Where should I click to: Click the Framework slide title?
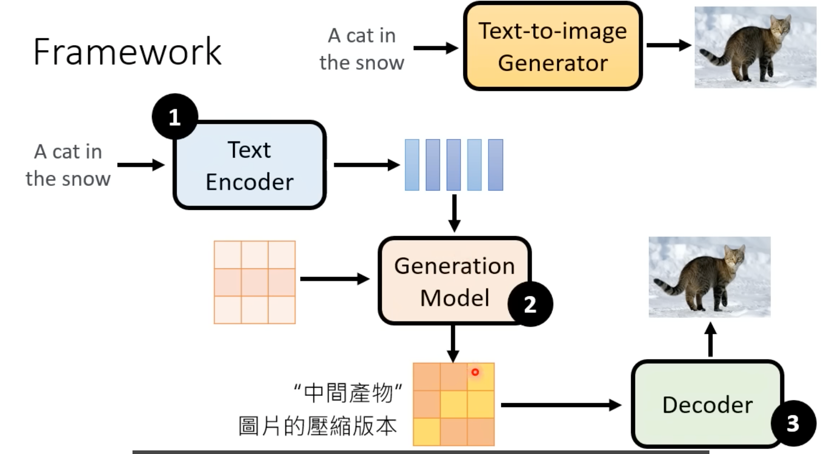(x=127, y=52)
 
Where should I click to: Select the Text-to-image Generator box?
(x=553, y=46)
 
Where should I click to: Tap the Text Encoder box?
(x=249, y=165)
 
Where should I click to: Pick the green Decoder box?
(x=707, y=404)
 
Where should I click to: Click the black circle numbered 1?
(x=175, y=117)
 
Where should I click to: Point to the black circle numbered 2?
(x=530, y=304)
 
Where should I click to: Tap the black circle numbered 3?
(x=793, y=423)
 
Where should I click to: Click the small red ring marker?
(x=475, y=372)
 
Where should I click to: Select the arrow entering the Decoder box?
(x=561, y=405)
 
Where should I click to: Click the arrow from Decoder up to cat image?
(x=710, y=340)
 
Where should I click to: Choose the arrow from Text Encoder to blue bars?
(x=366, y=165)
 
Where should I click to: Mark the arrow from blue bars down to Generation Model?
(x=454, y=213)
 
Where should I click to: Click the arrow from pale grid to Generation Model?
(x=334, y=279)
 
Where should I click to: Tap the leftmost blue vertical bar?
(x=412, y=165)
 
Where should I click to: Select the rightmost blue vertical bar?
(x=495, y=165)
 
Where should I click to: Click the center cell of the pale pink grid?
(x=255, y=282)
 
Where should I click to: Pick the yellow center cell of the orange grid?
(x=453, y=404)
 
